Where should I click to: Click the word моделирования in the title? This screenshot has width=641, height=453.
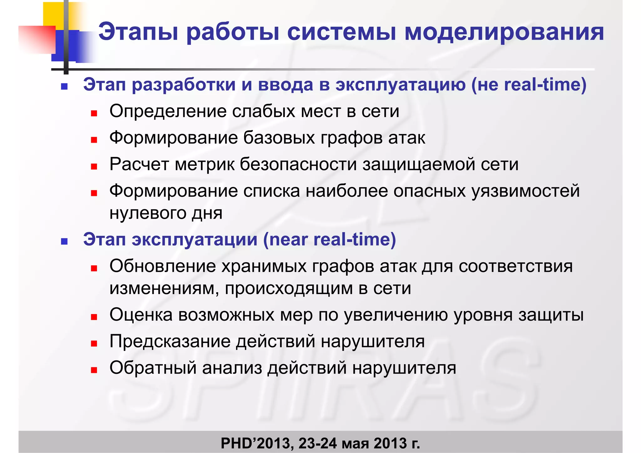tap(504, 32)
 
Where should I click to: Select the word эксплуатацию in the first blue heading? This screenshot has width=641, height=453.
tap(400, 85)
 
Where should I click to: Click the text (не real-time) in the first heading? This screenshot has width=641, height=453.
tap(529, 85)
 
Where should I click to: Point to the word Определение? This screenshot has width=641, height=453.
tap(168, 111)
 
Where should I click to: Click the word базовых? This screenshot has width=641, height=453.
tap(279, 138)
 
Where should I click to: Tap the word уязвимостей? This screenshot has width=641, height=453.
tap(526, 191)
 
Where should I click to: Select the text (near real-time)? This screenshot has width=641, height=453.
tap(330, 240)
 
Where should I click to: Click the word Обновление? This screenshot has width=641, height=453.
tap(162, 266)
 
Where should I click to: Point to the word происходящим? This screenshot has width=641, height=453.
tap(289, 288)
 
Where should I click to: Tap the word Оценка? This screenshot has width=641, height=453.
tap(141, 315)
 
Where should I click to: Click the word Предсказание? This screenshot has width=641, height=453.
tap(170, 341)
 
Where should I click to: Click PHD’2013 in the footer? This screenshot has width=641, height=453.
tap(257, 443)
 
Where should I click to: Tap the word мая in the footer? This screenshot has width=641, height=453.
tap(355, 443)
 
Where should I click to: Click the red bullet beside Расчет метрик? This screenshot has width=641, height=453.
tap(94, 167)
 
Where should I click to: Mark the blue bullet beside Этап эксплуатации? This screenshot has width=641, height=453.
tap(64, 242)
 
